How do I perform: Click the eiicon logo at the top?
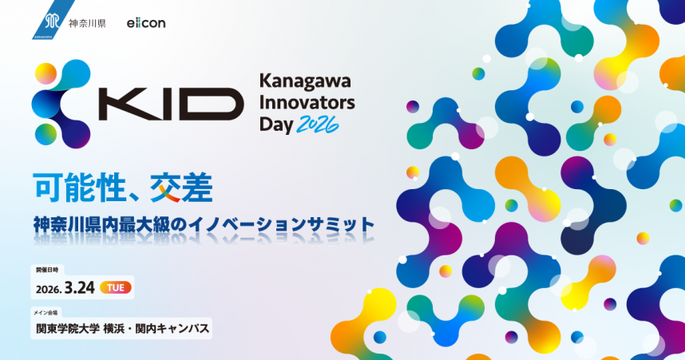click(145, 22)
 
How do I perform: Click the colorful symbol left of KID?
click(60, 101)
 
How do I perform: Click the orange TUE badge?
click(115, 287)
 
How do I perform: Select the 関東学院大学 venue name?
click(67, 327)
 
